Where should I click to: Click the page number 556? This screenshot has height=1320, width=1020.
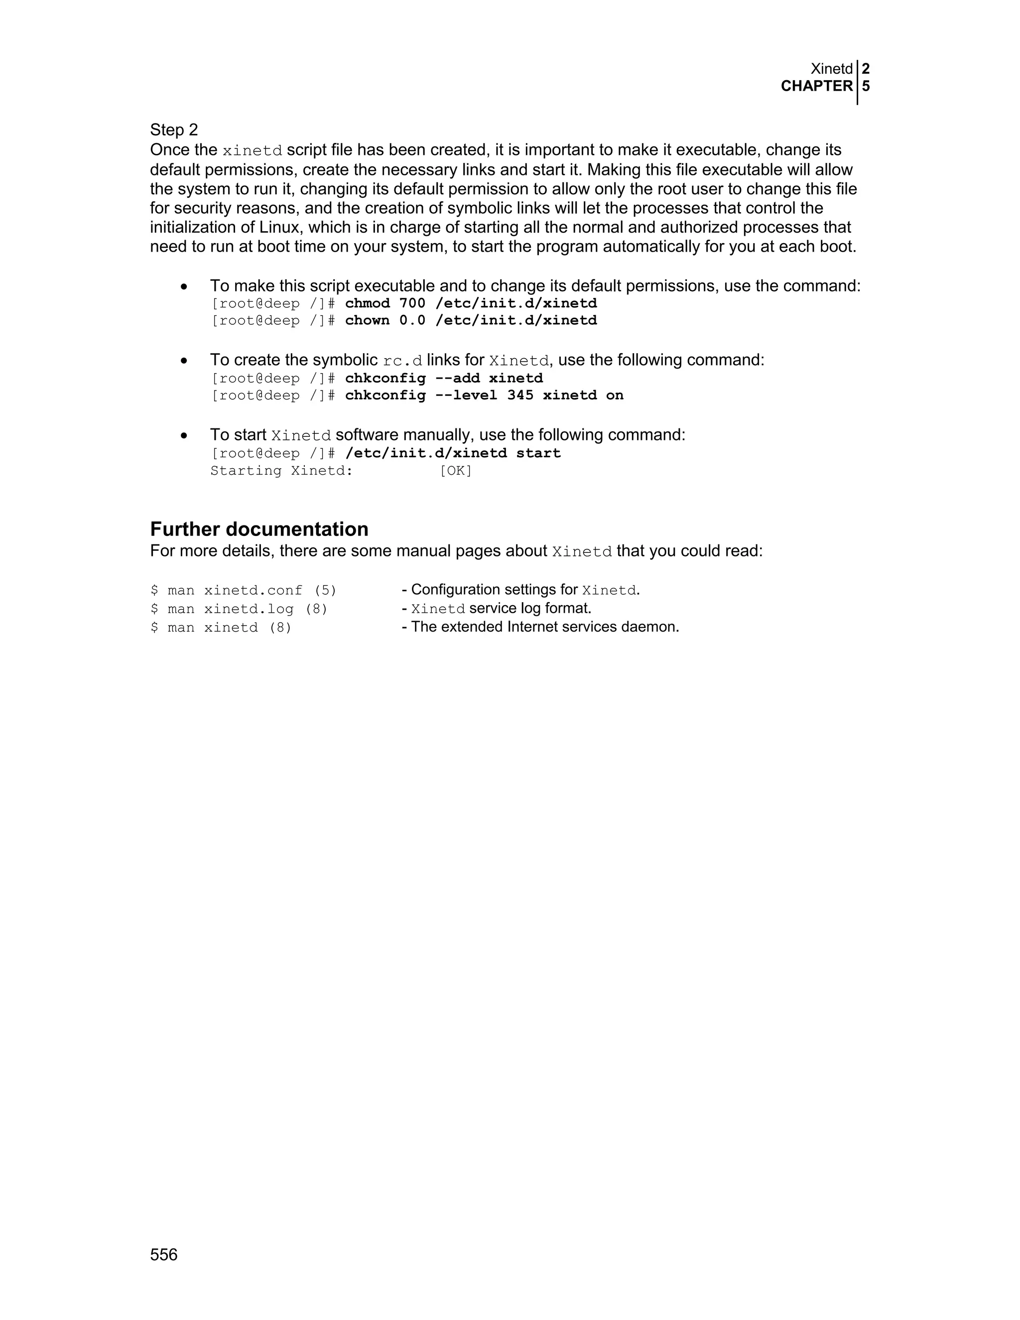[164, 1255]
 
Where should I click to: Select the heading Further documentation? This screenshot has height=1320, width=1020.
[259, 529]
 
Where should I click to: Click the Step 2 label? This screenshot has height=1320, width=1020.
[174, 130]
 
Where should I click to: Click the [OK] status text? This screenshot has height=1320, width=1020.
[456, 471]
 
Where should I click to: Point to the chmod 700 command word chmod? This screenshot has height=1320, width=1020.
[368, 303]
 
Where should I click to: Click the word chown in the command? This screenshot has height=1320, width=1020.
[368, 320]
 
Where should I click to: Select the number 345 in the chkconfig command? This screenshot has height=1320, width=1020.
[520, 396]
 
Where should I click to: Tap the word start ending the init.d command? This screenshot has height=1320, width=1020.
[538, 453]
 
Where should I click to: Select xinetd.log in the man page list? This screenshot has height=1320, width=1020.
[249, 609]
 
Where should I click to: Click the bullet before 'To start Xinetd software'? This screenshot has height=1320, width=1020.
[184, 435]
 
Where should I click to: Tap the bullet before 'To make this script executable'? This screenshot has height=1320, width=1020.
[184, 286]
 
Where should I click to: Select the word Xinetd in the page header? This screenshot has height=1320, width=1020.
[831, 69]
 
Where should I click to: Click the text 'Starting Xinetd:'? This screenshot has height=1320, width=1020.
[281, 471]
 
